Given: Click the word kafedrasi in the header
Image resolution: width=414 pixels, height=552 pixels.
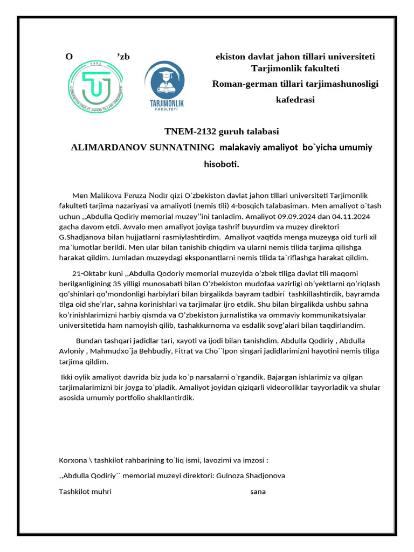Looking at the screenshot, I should coord(295,100).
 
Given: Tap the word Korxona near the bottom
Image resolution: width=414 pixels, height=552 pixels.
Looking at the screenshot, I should coord(72,460).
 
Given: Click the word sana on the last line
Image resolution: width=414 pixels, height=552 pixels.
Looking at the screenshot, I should coord(258,492).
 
